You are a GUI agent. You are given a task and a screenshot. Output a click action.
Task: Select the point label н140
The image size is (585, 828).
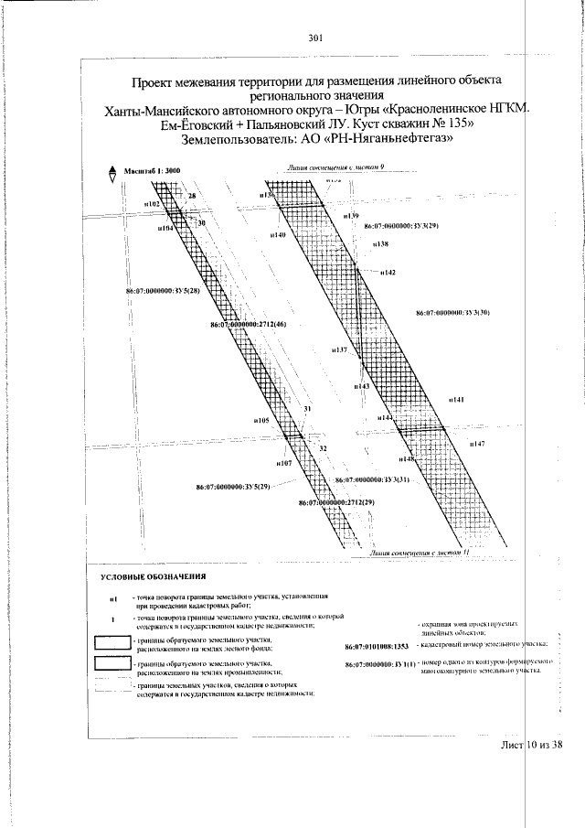pyautogui.click(x=279, y=236)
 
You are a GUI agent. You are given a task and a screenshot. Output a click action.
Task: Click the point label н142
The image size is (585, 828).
pyautogui.click(x=387, y=274)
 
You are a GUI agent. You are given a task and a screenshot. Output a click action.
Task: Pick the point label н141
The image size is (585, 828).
pyautogui.click(x=457, y=401)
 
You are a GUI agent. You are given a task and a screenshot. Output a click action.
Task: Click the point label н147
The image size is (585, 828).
pyautogui.click(x=476, y=443)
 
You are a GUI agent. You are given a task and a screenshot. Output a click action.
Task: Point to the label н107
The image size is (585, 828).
pyautogui.click(x=283, y=465)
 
